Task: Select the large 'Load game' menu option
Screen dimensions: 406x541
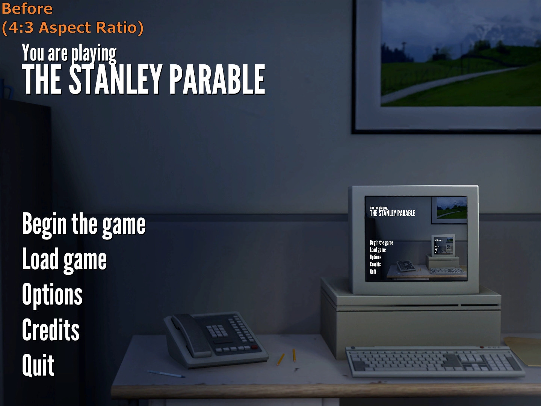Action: click(64, 260)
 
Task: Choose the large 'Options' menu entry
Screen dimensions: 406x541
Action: click(52, 295)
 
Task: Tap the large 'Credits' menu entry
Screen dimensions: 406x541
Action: click(51, 330)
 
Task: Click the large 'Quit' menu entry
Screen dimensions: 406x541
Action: click(38, 365)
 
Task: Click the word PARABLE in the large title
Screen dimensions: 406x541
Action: click(217, 79)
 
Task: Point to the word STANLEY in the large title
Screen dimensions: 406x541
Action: click(115, 79)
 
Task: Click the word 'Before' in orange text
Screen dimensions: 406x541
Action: click(27, 9)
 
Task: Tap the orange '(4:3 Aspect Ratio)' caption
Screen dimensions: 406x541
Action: click(73, 28)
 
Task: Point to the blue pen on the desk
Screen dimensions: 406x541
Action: click(166, 374)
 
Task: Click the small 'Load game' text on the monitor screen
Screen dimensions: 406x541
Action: click(378, 250)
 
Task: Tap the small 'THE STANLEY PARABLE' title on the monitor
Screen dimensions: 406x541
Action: click(392, 213)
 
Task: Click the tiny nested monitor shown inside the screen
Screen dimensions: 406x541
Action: click(443, 245)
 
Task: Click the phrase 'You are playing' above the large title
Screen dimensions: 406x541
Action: click(69, 53)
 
